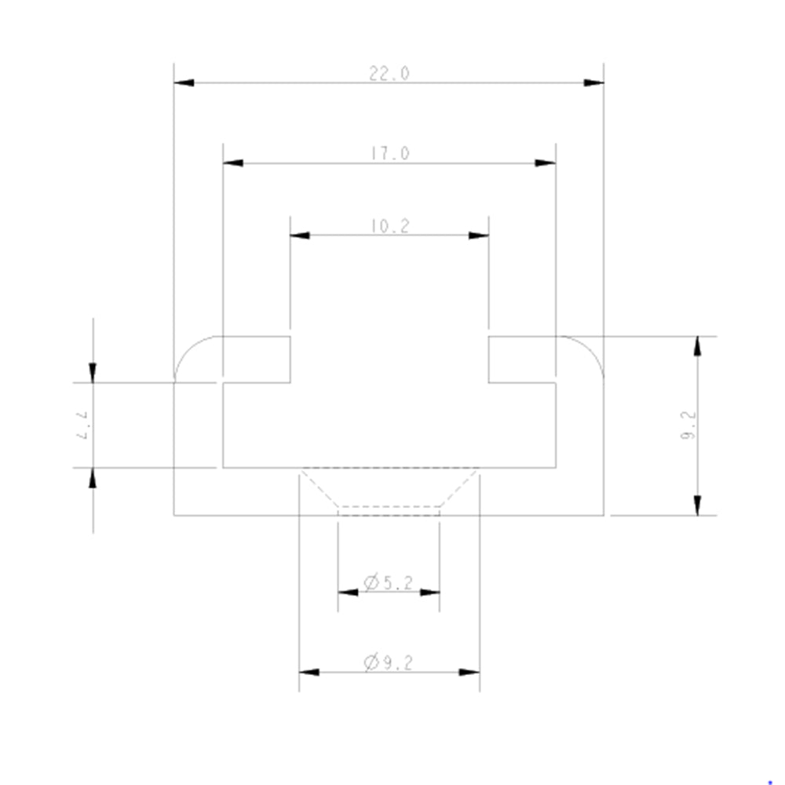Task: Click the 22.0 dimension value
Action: [389, 74]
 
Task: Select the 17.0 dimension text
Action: [390, 154]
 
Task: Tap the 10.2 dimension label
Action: [389, 227]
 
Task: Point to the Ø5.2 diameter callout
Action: [389, 582]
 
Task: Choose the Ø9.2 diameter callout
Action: [389, 663]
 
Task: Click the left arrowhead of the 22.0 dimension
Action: [184, 82]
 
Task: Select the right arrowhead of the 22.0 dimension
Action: [593, 82]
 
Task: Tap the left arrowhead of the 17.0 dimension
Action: [233, 163]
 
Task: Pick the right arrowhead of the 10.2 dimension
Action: [479, 235]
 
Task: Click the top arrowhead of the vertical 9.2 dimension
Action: [697, 345]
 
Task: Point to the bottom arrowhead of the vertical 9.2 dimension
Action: [697, 506]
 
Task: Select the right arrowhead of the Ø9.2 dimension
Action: [469, 672]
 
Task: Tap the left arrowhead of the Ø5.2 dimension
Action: [348, 592]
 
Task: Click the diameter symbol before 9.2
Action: [371, 663]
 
